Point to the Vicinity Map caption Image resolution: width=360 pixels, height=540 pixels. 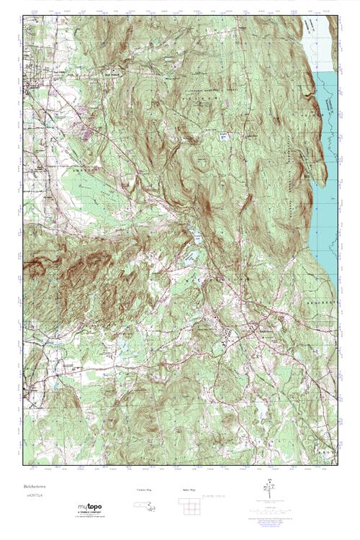click(145, 490)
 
